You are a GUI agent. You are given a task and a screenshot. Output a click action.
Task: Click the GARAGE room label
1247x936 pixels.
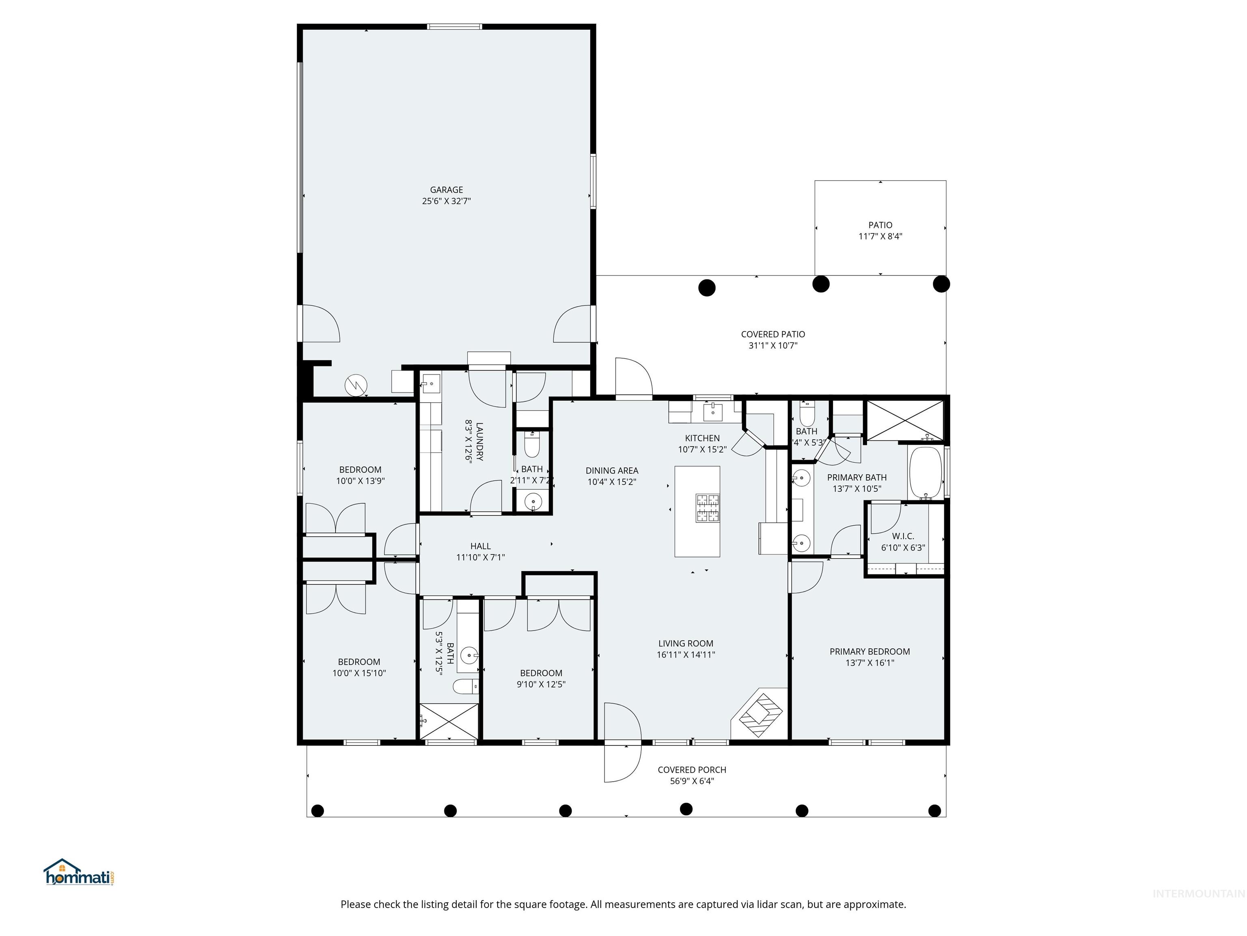click(x=446, y=190)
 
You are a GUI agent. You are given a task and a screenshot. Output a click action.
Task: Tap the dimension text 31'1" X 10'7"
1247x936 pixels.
click(x=772, y=346)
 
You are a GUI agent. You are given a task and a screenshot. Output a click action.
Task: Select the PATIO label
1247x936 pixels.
click(x=880, y=225)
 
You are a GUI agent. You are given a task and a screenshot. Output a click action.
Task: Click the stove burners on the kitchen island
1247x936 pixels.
click(x=708, y=508)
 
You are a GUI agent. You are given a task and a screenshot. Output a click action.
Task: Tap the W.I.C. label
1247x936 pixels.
click(x=902, y=536)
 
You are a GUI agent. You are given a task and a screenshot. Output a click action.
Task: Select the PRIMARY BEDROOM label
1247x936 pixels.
click(x=869, y=652)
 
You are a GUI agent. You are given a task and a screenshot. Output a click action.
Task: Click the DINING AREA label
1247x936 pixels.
click(x=612, y=470)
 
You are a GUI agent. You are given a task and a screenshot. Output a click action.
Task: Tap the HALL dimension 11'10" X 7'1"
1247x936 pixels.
click(x=480, y=557)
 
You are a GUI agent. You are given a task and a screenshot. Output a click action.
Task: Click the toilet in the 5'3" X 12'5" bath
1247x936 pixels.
click(x=466, y=687)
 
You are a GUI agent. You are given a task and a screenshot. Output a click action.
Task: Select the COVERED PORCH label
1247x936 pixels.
click(x=692, y=769)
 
